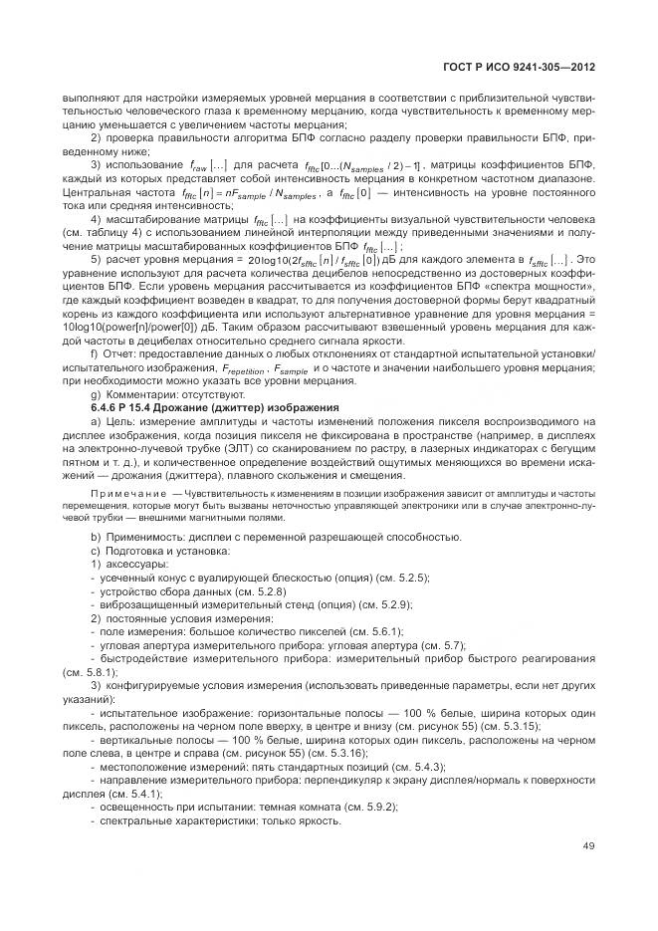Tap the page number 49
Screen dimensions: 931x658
click(x=588, y=847)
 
